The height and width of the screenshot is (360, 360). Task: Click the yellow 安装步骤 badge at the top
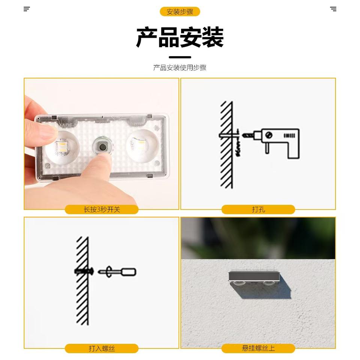click(180, 12)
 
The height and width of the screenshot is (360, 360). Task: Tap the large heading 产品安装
click(180, 37)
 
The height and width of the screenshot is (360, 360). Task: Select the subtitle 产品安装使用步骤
click(180, 68)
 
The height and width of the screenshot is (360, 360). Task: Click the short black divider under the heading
click(180, 57)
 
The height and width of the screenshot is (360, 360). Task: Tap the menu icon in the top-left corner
click(27, 9)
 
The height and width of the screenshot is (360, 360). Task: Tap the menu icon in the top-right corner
click(333, 9)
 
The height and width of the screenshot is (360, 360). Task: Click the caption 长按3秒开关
click(102, 209)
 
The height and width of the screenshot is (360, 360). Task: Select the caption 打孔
click(258, 209)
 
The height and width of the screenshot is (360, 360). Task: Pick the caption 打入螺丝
click(102, 348)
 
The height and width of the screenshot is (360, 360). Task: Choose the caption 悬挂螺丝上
click(258, 348)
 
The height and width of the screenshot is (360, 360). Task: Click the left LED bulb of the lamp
click(61, 147)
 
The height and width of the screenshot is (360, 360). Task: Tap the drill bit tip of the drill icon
click(243, 135)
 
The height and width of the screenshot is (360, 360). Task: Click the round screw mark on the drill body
click(268, 135)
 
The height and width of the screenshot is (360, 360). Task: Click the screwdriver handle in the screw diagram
click(129, 272)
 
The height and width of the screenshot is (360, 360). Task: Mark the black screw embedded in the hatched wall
click(84, 271)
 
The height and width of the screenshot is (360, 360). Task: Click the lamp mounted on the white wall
click(254, 279)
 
